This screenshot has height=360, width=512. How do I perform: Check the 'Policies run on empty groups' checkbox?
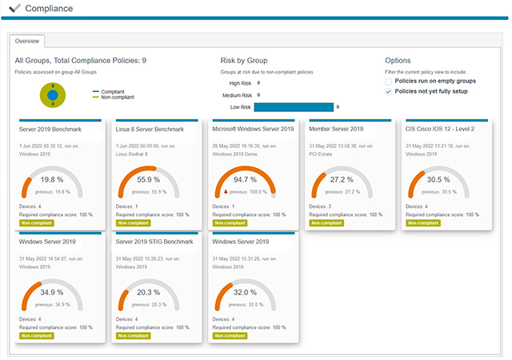coord(389,82)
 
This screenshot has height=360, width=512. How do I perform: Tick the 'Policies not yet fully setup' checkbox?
coord(389,91)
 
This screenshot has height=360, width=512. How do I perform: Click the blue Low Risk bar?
coord(294,106)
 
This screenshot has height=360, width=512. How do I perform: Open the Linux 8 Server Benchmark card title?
coord(148,129)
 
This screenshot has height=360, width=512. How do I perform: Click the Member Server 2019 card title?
coord(336,129)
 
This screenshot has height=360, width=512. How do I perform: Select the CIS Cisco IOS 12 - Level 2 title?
coord(440,129)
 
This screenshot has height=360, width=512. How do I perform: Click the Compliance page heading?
coord(49,9)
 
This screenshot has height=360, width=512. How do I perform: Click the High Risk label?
coord(240,82)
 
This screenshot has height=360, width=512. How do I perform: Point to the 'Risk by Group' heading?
coord(245,60)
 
